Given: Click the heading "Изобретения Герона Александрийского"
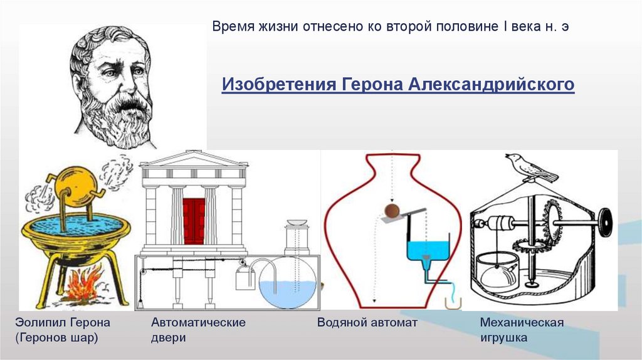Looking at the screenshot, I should click(x=398, y=84).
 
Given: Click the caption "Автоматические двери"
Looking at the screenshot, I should click(x=197, y=330).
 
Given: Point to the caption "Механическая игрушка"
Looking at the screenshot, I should click(x=522, y=330).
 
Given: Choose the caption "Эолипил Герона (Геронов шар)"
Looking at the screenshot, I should click(x=62, y=330).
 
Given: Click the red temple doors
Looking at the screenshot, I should click(x=194, y=221).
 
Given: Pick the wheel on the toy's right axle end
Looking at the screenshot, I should click(x=605, y=222).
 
